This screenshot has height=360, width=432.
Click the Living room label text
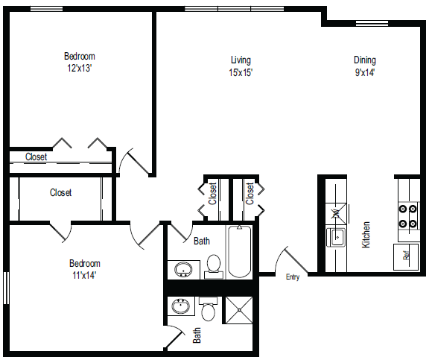(x=241, y=60)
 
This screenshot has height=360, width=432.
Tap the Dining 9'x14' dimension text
(x=364, y=73)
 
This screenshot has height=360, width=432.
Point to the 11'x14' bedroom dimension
(x=84, y=275)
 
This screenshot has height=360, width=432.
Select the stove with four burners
(x=408, y=216)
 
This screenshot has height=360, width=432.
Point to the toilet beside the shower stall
(x=208, y=309)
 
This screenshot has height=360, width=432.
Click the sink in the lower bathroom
(x=180, y=306)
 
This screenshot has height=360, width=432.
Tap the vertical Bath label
(x=197, y=335)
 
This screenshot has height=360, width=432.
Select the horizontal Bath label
(x=202, y=241)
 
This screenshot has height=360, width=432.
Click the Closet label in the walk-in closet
(x=61, y=193)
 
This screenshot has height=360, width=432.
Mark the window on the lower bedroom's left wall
(x=5, y=287)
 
